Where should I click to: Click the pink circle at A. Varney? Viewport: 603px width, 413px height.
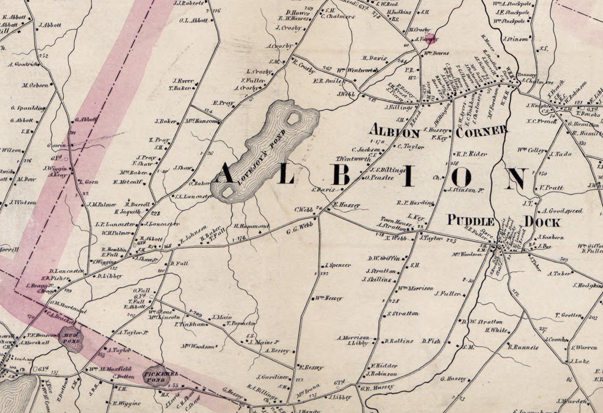[x=431, y=40]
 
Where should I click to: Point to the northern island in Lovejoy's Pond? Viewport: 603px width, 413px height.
[x=292, y=119]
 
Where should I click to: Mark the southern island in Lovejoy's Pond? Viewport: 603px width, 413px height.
[x=227, y=191]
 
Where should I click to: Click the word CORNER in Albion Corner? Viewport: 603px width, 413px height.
[x=480, y=131]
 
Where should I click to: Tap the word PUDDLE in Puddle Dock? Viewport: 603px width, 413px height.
[x=471, y=220]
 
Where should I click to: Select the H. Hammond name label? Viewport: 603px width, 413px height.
[x=252, y=227]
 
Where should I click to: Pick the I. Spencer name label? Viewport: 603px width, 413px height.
[x=338, y=265]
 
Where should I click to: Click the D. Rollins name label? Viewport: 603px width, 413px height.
[x=398, y=340]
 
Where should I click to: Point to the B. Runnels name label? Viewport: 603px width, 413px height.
[x=523, y=347]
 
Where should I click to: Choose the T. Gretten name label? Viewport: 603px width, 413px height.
[x=568, y=315]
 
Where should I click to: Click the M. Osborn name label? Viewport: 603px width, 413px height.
[x=35, y=85]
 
